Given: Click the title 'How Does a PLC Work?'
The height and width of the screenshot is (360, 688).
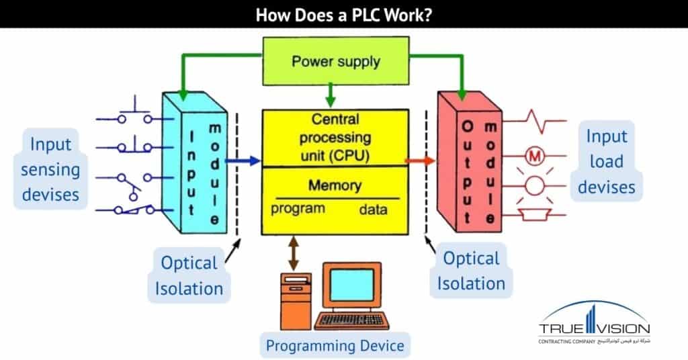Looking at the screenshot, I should [x=343, y=14].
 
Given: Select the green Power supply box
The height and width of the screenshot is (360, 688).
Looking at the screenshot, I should [x=335, y=62].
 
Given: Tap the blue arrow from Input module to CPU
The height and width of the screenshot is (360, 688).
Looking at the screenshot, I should [x=243, y=161].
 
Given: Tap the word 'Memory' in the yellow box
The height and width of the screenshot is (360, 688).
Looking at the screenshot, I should [x=334, y=185].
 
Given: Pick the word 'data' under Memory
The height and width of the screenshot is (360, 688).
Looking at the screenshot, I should [x=372, y=210].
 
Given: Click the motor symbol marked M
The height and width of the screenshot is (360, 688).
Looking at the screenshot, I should [x=535, y=157].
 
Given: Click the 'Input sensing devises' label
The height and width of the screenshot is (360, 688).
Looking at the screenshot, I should [x=50, y=169].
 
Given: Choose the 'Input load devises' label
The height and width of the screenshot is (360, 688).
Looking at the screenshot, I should [x=606, y=161].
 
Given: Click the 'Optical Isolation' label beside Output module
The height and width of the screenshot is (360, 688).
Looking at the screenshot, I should [x=471, y=271].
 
